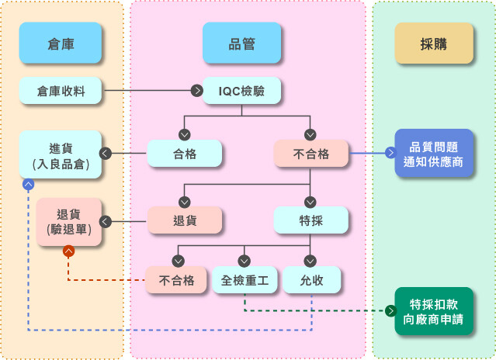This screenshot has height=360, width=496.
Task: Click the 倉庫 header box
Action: (x=61, y=43)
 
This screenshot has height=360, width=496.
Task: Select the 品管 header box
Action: (x=241, y=43)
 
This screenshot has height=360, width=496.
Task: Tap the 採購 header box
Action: (x=433, y=43)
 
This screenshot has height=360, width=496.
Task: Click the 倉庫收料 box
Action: (x=61, y=91)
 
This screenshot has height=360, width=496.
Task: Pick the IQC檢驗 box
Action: (x=241, y=91)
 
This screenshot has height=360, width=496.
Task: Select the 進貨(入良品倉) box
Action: (x=61, y=154)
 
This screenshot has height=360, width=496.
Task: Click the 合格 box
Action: (x=185, y=154)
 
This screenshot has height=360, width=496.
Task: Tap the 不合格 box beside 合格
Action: (x=311, y=154)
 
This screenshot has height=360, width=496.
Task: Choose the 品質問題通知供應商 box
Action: (x=433, y=154)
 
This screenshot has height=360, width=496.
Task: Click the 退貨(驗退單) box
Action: (x=69, y=222)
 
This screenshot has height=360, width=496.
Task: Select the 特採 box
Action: (x=311, y=221)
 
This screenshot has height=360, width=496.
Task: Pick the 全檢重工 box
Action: (x=245, y=279)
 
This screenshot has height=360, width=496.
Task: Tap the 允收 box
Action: (x=311, y=279)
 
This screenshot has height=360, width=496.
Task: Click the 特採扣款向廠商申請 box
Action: (x=433, y=311)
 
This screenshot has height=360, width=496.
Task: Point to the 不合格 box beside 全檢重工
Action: (x=176, y=279)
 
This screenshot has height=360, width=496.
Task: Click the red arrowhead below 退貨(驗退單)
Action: (x=69, y=251)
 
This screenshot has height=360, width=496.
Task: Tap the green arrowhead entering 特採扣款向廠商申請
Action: (x=390, y=311)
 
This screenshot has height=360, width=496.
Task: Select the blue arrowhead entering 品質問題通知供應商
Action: (x=390, y=153)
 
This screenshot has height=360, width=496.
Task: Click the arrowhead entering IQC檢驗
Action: (x=197, y=91)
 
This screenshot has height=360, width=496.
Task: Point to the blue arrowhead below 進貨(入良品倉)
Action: (x=28, y=184)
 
